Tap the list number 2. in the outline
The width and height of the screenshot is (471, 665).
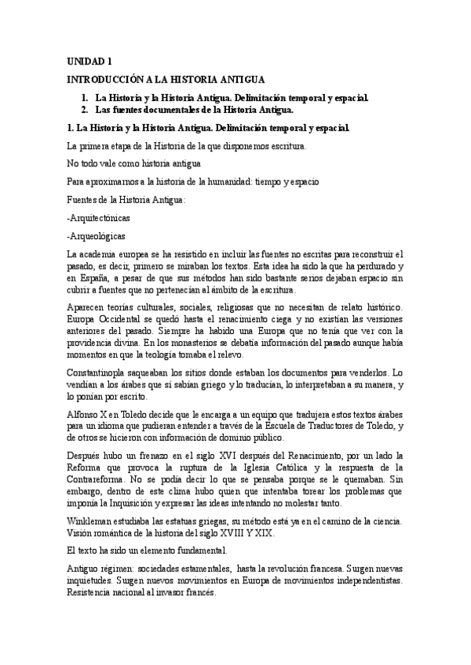(x=85, y=111)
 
